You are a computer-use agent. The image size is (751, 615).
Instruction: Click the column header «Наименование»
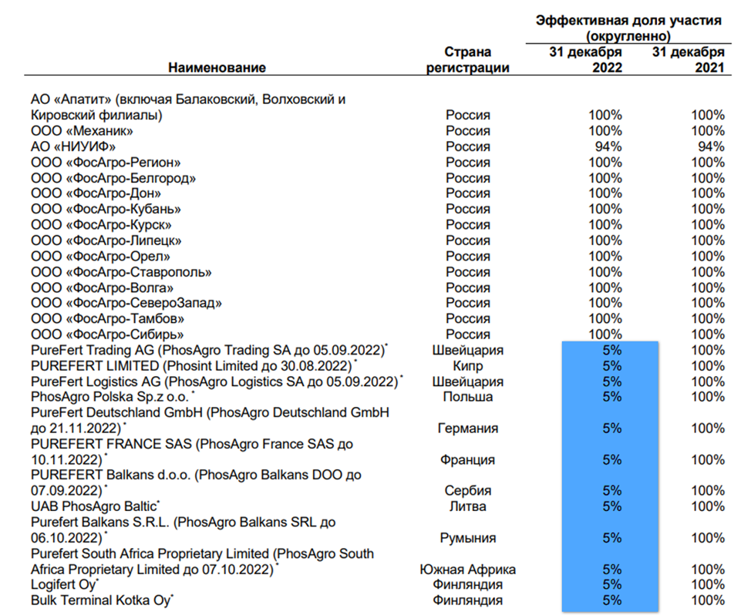(x=217, y=68)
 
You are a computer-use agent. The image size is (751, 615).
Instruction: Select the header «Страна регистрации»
(x=467, y=59)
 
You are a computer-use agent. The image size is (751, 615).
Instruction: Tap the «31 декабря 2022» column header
(x=586, y=59)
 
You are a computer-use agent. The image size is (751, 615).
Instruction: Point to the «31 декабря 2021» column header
(x=689, y=59)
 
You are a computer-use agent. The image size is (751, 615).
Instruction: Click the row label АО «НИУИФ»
(x=73, y=146)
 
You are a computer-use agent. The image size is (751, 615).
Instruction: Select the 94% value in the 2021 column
(x=711, y=146)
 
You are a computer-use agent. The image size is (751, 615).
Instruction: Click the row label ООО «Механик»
(x=82, y=131)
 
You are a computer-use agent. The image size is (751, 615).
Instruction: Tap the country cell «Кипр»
(x=467, y=366)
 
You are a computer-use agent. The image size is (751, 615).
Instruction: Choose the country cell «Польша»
(x=467, y=397)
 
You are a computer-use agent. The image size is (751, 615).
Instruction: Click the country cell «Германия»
(x=467, y=428)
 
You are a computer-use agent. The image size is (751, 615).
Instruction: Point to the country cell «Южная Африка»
(x=467, y=570)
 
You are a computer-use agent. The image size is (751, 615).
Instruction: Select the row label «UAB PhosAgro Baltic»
(x=94, y=506)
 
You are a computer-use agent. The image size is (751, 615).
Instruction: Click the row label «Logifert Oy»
(x=63, y=585)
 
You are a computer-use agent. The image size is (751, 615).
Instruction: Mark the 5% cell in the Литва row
(x=612, y=506)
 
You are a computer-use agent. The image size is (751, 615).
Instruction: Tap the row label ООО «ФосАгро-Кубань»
(x=106, y=209)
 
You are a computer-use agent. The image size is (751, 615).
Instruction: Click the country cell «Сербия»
(x=467, y=491)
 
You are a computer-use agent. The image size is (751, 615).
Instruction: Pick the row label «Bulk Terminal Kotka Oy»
(x=101, y=600)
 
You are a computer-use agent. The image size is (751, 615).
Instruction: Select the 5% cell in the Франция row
(x=612, y=460)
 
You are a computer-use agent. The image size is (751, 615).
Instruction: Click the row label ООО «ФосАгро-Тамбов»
(x=108, y=319)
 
